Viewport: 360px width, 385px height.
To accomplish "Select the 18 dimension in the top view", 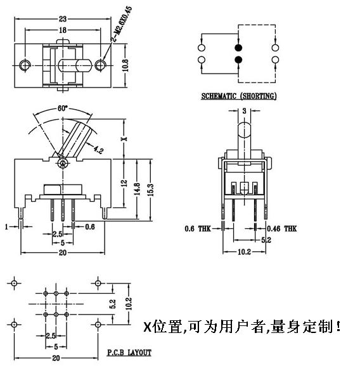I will [x=63, y=30].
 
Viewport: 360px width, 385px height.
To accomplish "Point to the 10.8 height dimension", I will [x=125, y=65].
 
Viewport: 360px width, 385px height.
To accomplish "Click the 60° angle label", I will [x=62, y=108].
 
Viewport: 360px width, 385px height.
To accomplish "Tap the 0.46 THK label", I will [x=281, y=228].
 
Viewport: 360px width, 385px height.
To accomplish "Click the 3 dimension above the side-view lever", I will [x=244, y=111].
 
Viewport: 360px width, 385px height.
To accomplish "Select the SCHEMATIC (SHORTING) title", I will [x=238, y=96].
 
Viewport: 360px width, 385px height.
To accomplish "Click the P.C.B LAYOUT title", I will [x=129, y=352].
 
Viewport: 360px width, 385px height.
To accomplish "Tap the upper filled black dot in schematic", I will [x=238, y=48].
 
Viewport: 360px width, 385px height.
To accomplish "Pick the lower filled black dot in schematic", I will [x=238, y=60].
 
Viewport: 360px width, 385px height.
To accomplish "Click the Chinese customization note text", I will [x=242, y=328].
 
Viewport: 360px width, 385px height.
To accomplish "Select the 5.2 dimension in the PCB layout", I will [x=112, y=304].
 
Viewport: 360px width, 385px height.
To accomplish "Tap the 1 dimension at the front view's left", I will [x=6, y=226].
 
